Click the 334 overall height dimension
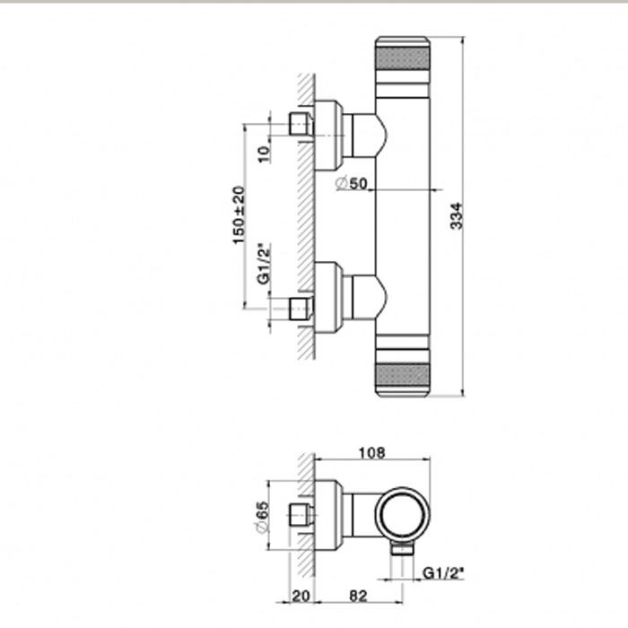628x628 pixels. coord(457,216)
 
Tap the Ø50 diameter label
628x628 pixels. coord(352,183)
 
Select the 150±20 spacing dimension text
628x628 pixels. coord(239,215)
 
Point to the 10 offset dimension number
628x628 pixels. coord(264,154)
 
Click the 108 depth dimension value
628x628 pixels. coord(371,453)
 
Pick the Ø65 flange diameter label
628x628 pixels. coord(262,517)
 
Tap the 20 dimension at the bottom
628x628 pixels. coord(301,596)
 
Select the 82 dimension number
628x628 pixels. coord(358,596)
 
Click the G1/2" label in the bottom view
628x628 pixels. coord(443,573)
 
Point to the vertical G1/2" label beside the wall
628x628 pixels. coord(264,264)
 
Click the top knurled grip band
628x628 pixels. coord(403,58)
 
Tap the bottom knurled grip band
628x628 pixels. coord(403,374)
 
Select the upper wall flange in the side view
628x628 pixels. coord(328,135)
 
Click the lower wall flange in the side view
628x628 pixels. coord(328,297)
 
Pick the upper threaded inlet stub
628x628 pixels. coord(301,124)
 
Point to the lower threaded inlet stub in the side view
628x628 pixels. coord(301,309)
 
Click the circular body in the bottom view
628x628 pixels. coord(403,516)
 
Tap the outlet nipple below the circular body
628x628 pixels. coord(402,549)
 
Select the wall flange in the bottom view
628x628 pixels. coord(328,515)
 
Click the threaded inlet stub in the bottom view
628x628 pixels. coord(301,515)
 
